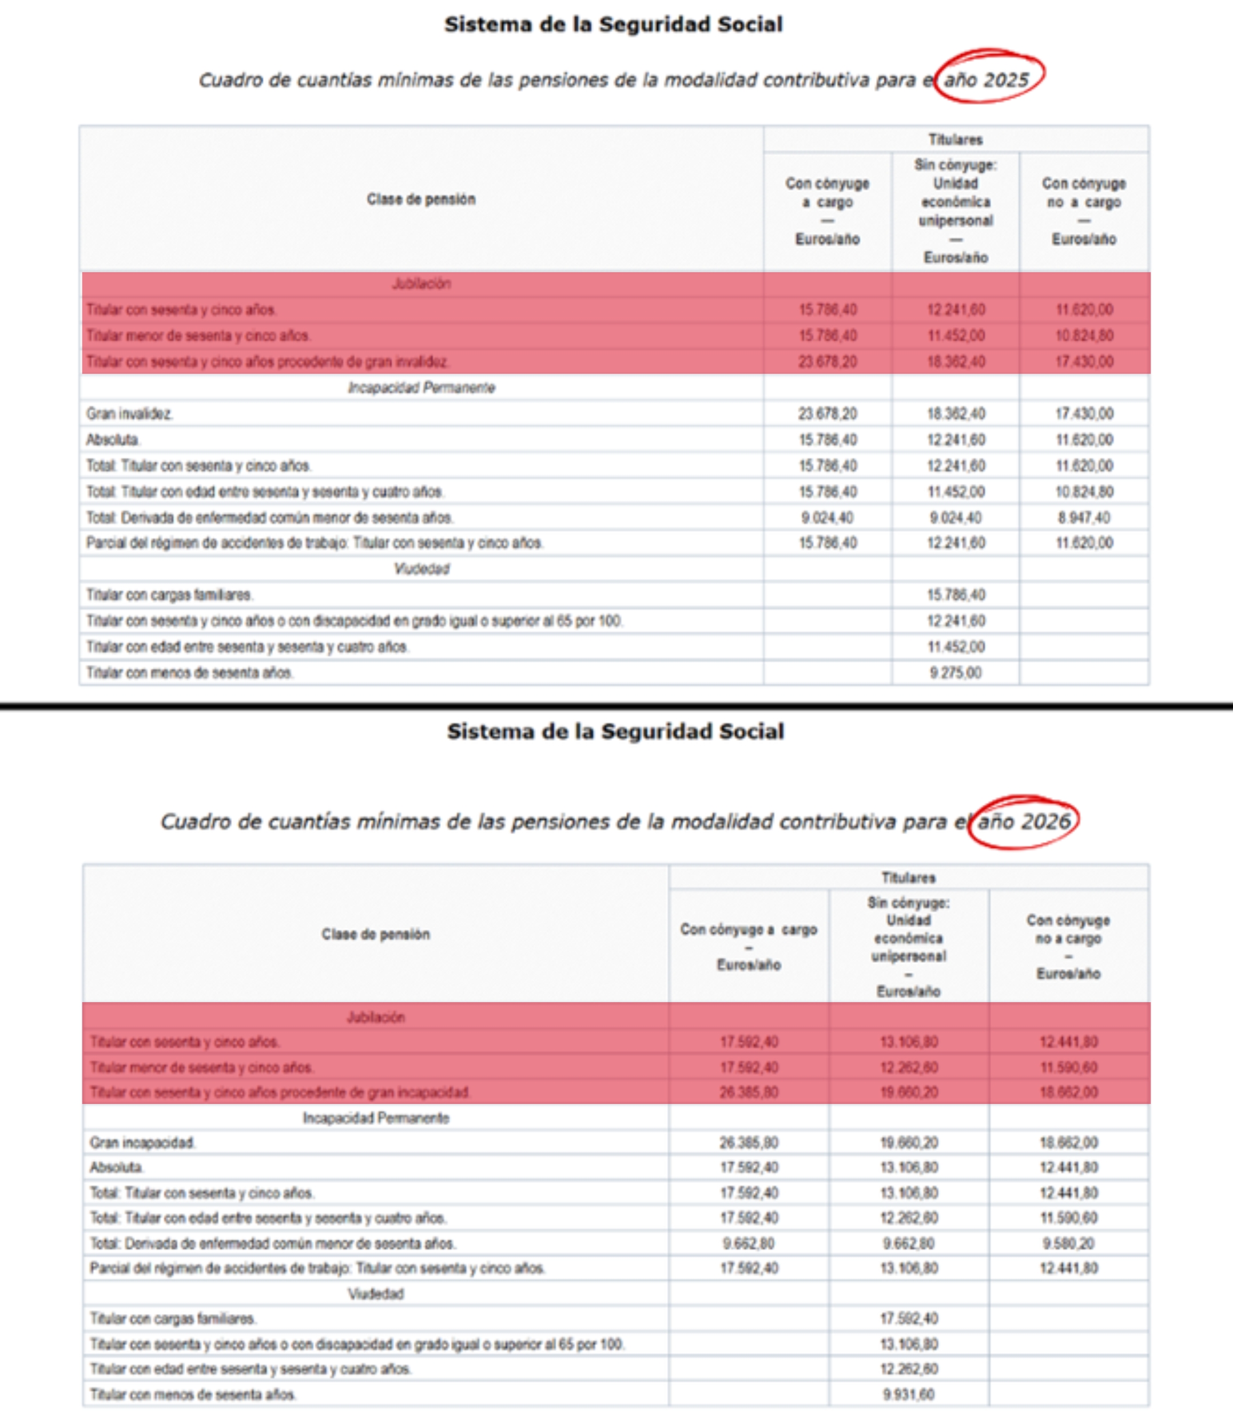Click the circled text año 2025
[x=986, y=80]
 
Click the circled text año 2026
[x=1024, y=821]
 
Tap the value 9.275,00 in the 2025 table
[x=955, y=673]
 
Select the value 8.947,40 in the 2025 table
[x=1084, y=518]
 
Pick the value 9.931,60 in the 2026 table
[x=908, y=1394]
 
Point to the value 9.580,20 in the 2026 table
[x=1068, y=1244]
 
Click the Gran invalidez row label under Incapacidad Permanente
[x=129, y=414]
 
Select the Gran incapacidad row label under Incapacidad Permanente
[x=142, y=1142]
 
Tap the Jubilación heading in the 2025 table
[x=421, y=284]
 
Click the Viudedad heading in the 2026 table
[x=375, y=1293]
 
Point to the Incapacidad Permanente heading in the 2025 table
[x=421, y=387]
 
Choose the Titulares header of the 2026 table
[x=908, y=877]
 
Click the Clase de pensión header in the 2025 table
[x=421, y=199]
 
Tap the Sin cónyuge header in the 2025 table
[x=955, y=165]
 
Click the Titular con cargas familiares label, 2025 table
[x=169, y=594]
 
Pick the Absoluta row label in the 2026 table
[x=116, y=1167]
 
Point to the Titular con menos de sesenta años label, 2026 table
[x=193, y=1394]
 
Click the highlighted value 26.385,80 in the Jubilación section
[x=749, y=1092]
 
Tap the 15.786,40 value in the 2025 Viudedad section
[x=955, y=594]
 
